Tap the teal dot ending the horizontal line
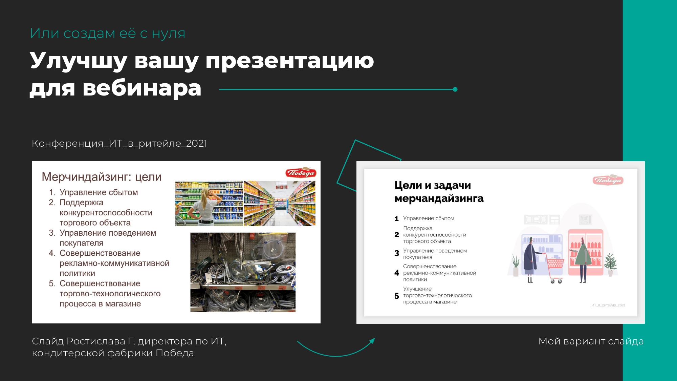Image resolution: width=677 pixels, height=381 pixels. pyautogui.click(x=455, y=89)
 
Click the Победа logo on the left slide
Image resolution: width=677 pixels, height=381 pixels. pyautogui.click(x=301, y=173)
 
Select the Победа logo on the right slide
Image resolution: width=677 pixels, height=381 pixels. pyautogui.click(x=608, y=180)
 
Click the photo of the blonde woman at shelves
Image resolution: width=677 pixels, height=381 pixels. pyautogui.click(x=209, y=203)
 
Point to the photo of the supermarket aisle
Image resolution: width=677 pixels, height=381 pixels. pyautogui.click(x=280, y=203)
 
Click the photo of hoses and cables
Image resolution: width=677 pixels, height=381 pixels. pyautogui.click(x=243, y=272)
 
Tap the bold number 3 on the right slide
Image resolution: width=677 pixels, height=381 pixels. pyautogui.click(x=397, y=253)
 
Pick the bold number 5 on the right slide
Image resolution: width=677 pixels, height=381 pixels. pyautogui.click(x=397, y=296)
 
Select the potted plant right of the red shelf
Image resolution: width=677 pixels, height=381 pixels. pyautogui.click(x=610, y=264)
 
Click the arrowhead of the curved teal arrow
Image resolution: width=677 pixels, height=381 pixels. pyautogui.click(x=372, y=340)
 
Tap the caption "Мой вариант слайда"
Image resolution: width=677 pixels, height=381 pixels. pyautogui.click(x=591, y=341)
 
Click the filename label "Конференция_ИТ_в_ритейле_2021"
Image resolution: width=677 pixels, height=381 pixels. pyautogui.click(x=119, y=143)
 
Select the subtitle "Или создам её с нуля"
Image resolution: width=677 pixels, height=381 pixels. pyautogui.click(x=108, y=33)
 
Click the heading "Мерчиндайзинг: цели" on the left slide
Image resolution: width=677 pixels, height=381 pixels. pyautogui.click(x=102, y=177)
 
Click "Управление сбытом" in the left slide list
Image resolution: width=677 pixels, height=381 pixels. pyautogui.click(x=99, y=192)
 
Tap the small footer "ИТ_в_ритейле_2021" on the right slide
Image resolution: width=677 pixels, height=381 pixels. pyautogui.click(x=608, y=305)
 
